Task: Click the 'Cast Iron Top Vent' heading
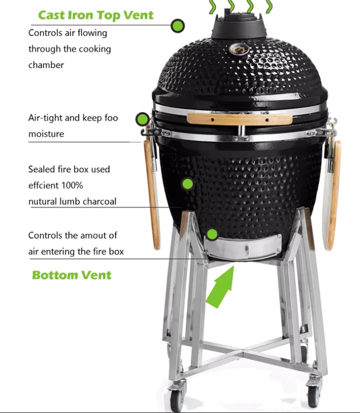tap(96, 14)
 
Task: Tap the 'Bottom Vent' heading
tap(72, 275)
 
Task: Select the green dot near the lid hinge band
tap(142, 120)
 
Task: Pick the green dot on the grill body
tap(188, 183)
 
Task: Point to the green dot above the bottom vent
tap(212, 234)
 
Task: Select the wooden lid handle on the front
tap(239, 119)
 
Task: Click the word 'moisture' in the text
tap(46, 134)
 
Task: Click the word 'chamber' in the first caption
tap(46, 65)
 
